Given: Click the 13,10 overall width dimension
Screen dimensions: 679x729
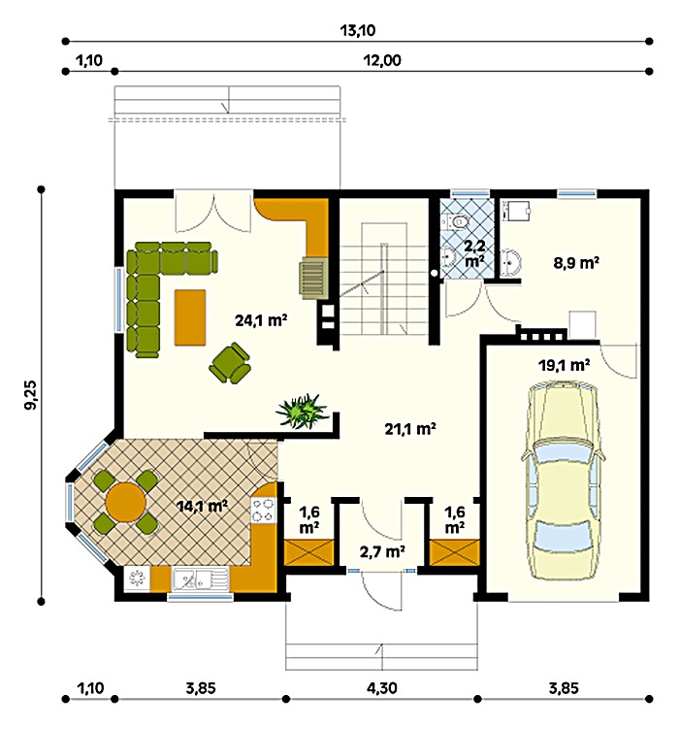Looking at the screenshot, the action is click(x=358, y=31).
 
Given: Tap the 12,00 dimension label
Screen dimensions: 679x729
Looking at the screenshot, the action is click(x=383, y=60).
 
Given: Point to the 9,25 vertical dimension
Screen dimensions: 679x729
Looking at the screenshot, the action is click(x=32, y=395).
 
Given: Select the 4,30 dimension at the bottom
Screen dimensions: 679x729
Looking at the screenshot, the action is click(x=382, y=687).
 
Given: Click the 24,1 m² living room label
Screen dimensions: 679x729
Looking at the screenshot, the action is click(x=261, y=320).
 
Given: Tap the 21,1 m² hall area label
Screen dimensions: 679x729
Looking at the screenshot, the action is click(x=410, y=428).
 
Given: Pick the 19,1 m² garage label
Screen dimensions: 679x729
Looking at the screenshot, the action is click(x=565, y=365).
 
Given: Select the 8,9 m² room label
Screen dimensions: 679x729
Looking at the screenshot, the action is click(x=576, y=263).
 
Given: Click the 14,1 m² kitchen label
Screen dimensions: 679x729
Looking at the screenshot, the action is click(x=202, y=506).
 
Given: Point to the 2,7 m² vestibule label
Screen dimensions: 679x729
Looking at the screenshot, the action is click(x=382, y=551).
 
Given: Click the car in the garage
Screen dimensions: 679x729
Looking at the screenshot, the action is click(x=564, y=480).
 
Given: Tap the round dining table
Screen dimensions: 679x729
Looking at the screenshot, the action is click(x=125, y=502).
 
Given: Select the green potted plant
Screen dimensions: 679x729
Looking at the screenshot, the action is click(x=302, y=411).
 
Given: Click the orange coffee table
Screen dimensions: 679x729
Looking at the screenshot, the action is click(x=190, y=317).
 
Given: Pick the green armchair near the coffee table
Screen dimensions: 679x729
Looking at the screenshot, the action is click(x=230, y=363).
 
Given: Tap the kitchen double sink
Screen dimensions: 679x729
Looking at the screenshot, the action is click(x=200, y=580).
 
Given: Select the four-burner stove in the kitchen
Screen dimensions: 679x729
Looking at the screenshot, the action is click(x=263, y=511).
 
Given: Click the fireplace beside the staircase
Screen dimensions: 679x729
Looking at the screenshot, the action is click(x=313, y=277).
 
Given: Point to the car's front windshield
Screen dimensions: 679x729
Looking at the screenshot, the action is click(x=564, y=453).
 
